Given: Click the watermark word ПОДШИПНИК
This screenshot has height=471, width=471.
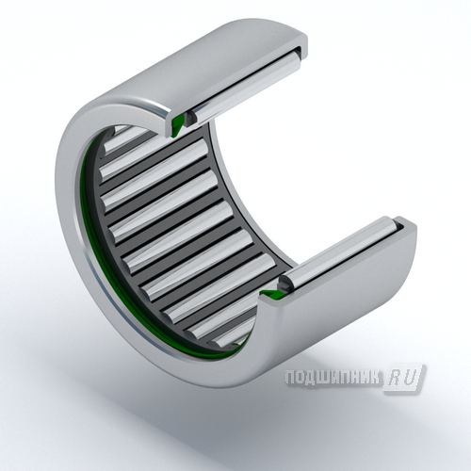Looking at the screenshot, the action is pyautogui.click(x=333, y=378).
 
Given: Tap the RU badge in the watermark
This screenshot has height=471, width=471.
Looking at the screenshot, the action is pyautogui.click(x=404, y=379).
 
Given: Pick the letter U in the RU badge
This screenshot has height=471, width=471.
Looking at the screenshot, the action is pyautogui.click(x=410, y=378).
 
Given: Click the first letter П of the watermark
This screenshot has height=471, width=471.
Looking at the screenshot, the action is pyautogui.click(x=290, y=378).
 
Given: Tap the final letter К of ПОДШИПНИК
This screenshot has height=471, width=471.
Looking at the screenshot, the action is pyautogui.click(x=376, y=378).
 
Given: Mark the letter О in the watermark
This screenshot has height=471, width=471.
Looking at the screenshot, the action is pyautogui.click(x=300, y=378).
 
